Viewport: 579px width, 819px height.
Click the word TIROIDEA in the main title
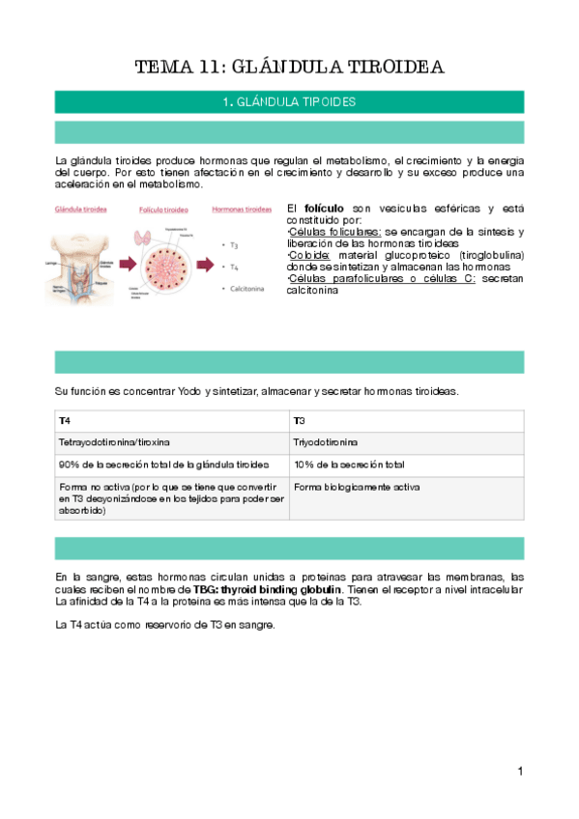[x=398, y=67]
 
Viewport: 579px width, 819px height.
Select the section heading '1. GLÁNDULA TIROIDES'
[x=289, y=101]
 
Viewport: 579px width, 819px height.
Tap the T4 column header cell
[x=64, y=421]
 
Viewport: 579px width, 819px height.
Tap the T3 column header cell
[x=300, y=421]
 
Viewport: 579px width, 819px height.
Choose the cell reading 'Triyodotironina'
[x=326, y=442]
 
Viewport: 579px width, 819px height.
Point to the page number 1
[x=520, y=771]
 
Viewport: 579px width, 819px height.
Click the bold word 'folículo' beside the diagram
[x=324, y=209]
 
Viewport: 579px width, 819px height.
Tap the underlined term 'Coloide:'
[x=310, y=255]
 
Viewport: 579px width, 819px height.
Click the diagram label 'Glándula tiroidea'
[x=80, y=209]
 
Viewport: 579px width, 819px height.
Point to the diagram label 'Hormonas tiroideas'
[x=241, y=209]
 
